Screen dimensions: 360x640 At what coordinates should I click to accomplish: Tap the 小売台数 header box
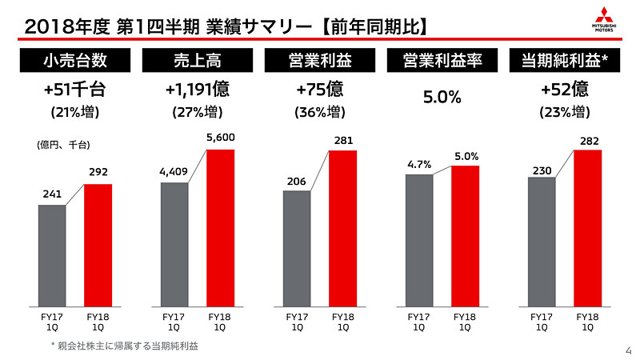tap(74, 61)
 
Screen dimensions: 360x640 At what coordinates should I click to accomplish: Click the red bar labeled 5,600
tap(221, 228)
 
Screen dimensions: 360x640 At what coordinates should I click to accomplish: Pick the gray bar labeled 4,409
tap(174, 245)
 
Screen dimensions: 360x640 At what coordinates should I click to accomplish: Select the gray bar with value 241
tap(52, 256)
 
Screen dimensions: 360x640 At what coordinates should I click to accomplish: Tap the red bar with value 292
tap(98, 246)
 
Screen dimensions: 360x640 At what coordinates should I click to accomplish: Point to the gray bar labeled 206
tap(297, 249)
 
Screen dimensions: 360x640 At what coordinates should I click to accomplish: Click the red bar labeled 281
tap(343, 228)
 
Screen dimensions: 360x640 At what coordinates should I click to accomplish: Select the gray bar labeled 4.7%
tap(419, 240)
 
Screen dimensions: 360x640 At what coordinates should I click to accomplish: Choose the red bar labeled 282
tap(588, 228)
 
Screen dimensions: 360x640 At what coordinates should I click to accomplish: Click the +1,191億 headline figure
tap(197, 90)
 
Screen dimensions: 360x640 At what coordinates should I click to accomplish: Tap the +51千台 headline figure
tap(74, 90)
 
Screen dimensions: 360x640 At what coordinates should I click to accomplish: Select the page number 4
tap(627, 349)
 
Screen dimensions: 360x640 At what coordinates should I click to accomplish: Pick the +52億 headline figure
tap(564, 90)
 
